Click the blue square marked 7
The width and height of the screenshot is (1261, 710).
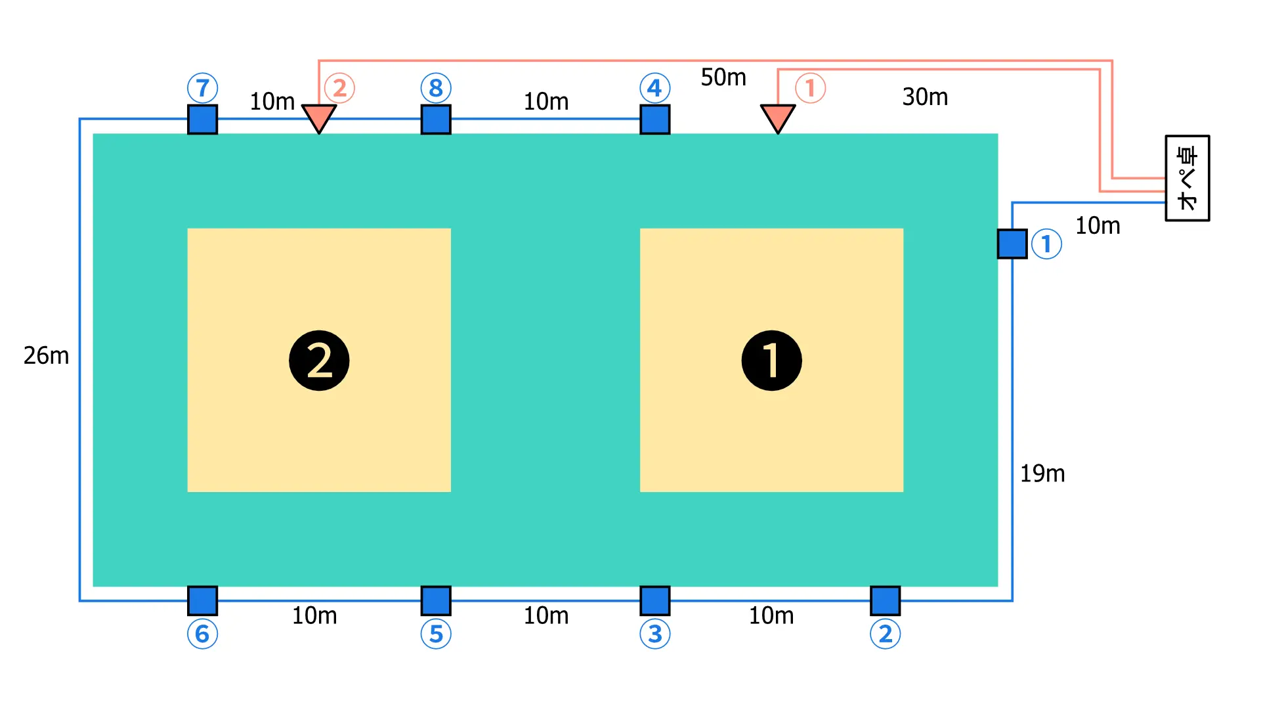click(202, 120)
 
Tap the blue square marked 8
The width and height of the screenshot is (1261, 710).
click(436, 120)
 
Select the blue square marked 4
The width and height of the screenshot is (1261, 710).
click(655, 120)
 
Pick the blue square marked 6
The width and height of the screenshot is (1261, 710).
click(202, 600)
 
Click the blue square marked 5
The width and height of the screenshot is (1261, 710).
click(436, 600)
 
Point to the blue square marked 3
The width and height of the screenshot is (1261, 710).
click(655, 600)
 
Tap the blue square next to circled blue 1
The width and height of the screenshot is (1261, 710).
click(1012, 244)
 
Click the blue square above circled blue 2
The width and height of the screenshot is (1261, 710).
click(885, 600)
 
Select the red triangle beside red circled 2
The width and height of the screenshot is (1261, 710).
click(319, 118)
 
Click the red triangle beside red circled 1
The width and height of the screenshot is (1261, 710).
click(778, 118)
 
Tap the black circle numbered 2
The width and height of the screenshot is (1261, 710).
click(319, 361)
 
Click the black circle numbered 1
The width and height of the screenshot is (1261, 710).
click(771, 361)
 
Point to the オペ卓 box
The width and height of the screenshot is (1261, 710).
click(1187, 178)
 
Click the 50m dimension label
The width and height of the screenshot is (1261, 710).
click(723, 78)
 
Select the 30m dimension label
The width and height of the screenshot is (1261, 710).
click(925, 97)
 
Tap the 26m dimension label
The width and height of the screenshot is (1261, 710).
click(46, 355)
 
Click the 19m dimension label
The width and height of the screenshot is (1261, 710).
click(1042, 474)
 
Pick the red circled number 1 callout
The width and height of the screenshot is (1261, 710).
click(810, 88)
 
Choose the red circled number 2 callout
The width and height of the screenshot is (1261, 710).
click(339, 88)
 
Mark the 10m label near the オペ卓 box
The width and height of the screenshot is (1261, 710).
click(1098, 226)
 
